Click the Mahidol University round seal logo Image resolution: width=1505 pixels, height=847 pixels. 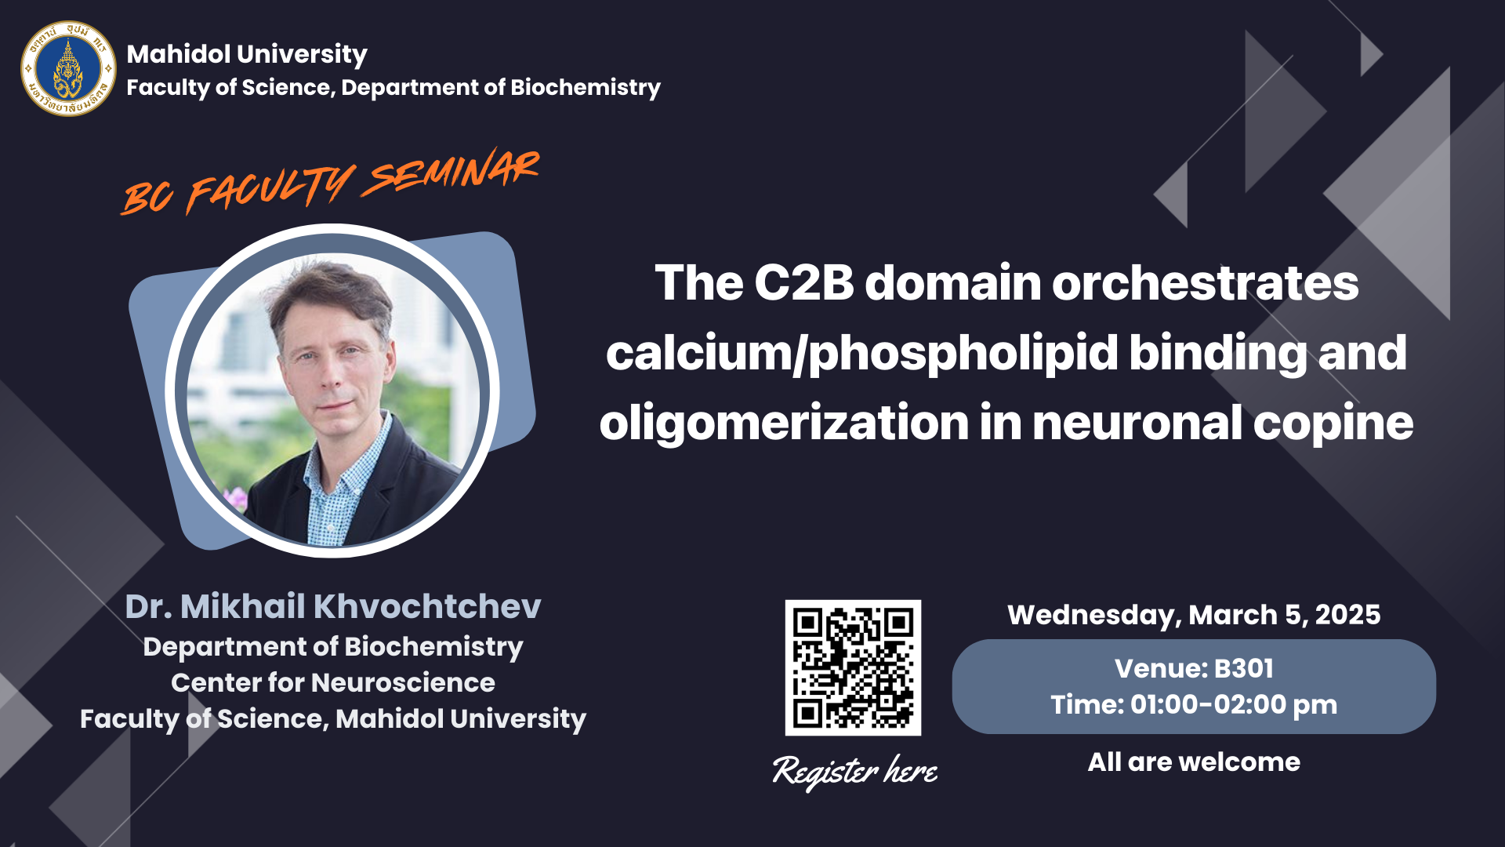pos(68,69)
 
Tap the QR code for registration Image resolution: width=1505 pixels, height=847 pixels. pos(853,667)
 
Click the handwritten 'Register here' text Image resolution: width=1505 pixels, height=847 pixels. pos(855,771)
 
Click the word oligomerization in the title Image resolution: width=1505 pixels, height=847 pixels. pos(784,423)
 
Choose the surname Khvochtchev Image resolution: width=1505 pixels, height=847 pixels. pos(427,606)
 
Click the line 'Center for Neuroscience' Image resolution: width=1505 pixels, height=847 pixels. pos(333,682)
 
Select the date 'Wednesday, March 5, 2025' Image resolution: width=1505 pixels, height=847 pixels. pos(1194,615)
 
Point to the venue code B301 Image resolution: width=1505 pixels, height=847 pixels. pos(1244,668)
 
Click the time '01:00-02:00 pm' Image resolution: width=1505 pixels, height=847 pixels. pos(1234,705)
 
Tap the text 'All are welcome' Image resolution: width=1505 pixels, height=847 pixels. pos(1194,762)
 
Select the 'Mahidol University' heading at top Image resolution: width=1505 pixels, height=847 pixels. pos(247,54)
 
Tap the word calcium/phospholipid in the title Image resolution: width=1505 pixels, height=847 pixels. pos(862,354)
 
